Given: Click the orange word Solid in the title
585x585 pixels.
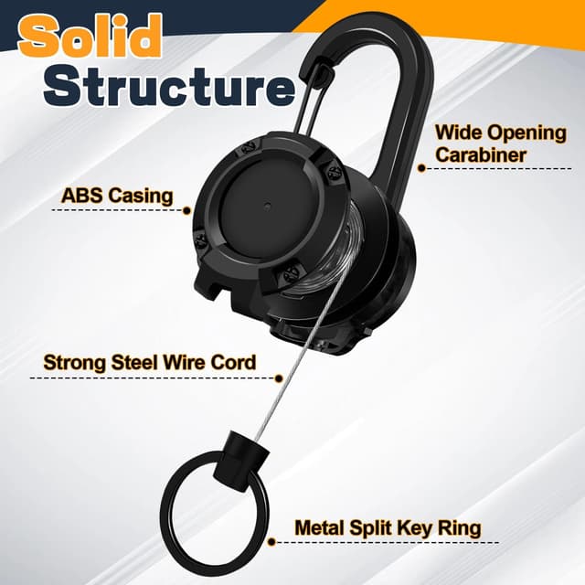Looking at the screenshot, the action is point(90,37).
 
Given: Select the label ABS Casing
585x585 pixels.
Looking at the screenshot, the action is point(117,196).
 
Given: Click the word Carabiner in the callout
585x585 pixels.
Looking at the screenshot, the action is point(481,154).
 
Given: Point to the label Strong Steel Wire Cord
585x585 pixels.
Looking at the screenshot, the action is point(150,362).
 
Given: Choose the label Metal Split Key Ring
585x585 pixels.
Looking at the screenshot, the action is point(388,528).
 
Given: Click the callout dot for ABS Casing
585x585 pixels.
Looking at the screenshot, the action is point(186,211).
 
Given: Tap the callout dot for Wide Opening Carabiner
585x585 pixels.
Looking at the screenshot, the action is point(421,168).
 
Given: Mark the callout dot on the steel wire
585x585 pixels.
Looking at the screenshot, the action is point(278,378).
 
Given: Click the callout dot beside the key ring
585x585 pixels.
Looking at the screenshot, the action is point(272,542).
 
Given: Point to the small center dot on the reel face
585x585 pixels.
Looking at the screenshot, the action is point(268,205).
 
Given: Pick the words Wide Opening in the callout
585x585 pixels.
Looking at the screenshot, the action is point(501,133).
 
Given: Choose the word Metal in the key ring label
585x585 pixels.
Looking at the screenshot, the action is point(320,527).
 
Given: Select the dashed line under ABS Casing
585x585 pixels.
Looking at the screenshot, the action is point(118,210).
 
